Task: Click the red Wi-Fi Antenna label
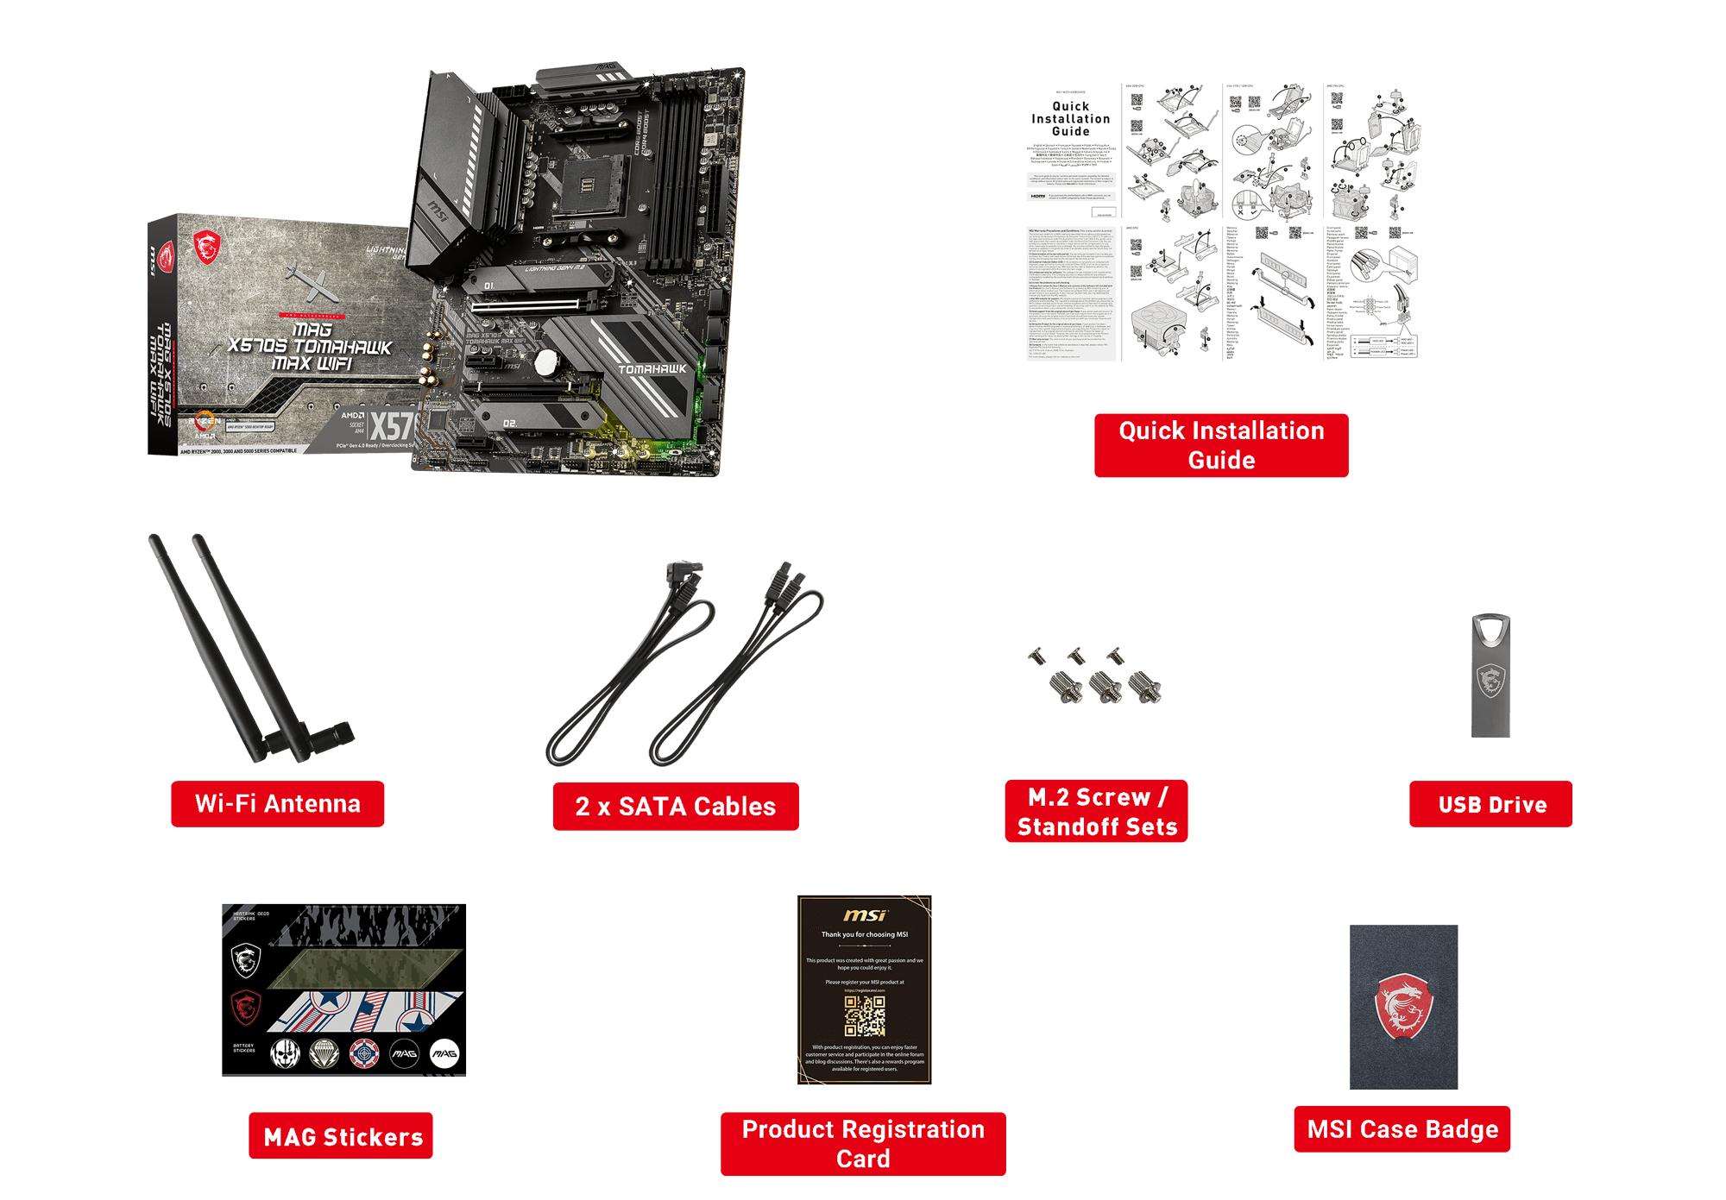click(277, 804)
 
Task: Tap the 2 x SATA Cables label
click(675, 807)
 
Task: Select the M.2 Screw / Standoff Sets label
click(1096, 812)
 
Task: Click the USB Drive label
click(1491, 805)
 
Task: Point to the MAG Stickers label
click(342, 1136)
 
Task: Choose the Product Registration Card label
click(863, 1144)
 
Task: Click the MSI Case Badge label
click(1402, 1129)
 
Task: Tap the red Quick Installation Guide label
click(1221, 445)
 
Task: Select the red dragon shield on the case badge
click(1403, 1006)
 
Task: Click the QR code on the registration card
click(865, 1016)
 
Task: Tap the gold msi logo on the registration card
click(865, 915)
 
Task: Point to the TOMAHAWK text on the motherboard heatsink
click(652, 369)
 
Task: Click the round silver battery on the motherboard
click(546, 362)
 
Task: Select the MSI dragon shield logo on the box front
click(206, 248)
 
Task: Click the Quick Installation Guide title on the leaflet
click(1070, 119)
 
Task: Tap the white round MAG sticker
click(444, 1053)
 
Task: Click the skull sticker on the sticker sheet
click(285, 1053)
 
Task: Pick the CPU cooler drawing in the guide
click(1157, 324)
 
